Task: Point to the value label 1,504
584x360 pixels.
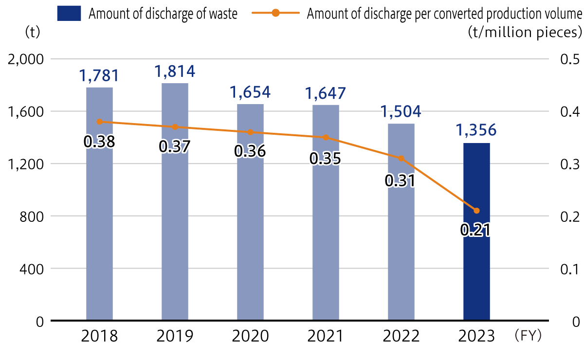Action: tap(401, 111)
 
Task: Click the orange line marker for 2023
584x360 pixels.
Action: tap(476, 211)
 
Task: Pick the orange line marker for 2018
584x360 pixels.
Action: tap(100, 122)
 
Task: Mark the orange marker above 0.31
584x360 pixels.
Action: tap(401, 158)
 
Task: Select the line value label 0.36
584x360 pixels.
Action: tap(250, 151)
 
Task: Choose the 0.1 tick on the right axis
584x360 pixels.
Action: tap(569, 269)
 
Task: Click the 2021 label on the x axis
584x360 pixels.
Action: tap(326, 336)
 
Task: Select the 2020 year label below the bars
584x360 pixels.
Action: tap(250, 336)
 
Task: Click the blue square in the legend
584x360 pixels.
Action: tap(69, 13)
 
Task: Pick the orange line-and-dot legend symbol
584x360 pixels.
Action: tap(275, 13)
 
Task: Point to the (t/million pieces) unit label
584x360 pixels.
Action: tap(524, 33)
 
